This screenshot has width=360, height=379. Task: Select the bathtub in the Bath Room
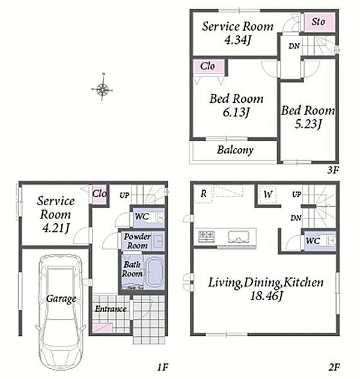[154, 273]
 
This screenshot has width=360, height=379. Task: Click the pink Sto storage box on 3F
[319, 22]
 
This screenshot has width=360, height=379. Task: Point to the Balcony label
[235, 150]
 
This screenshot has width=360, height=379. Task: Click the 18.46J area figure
[266, 296]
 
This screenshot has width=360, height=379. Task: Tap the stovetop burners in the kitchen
[206, 236]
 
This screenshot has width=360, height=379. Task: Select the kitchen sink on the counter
[239, 236]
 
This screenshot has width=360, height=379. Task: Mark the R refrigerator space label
[204, 194]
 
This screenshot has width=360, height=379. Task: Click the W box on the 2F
[268, 194]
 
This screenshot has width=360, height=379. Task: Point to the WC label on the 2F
[313, 241]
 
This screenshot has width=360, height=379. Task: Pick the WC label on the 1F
[142, 217]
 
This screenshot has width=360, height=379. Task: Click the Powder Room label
[137, 241]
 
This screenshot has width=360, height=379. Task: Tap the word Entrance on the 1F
[111, 309]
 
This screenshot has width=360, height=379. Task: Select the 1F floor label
[162, 368]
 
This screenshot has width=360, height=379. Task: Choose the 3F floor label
[333, 170]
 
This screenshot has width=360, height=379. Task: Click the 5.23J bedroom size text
[308, 125]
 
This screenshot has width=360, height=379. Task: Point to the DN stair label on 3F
[294, 46]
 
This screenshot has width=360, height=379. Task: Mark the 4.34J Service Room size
[238, 40]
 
